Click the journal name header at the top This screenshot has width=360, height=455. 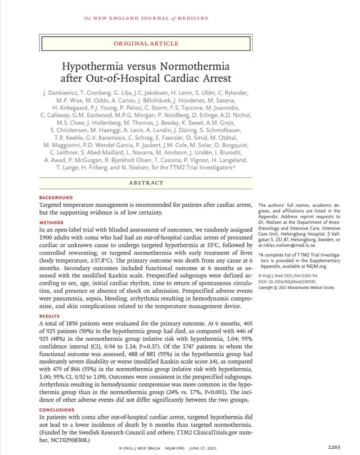pos(146,18)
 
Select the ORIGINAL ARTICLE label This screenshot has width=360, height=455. pos(146,44)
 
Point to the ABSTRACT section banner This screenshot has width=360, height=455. pos(146,183)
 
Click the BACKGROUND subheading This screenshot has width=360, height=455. pos(56,198)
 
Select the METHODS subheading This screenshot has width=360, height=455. pos(51,223)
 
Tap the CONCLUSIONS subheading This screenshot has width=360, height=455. pos(57,410)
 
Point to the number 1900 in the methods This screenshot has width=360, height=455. pos(49,237)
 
